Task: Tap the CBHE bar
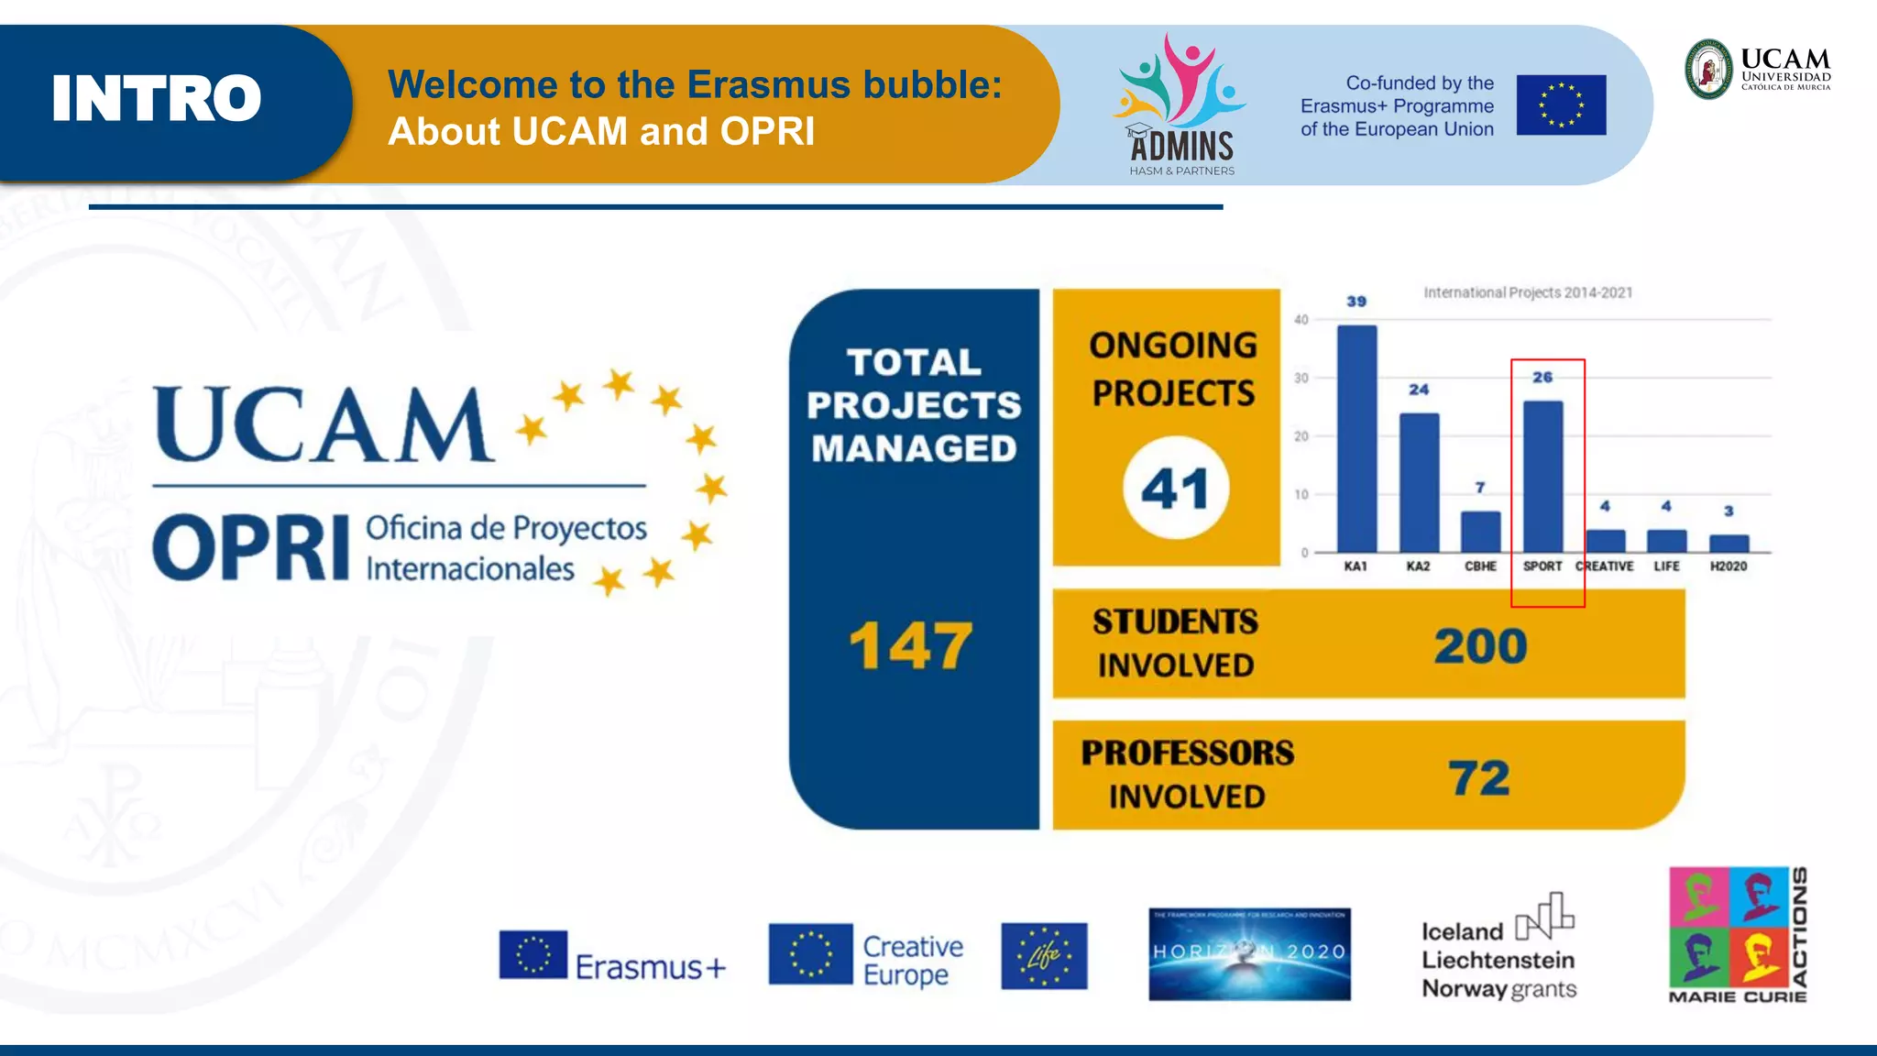tap(1480, 532)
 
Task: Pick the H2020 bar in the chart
tap(1729, 543)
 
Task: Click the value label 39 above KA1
tap(1356, 302)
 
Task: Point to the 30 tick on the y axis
tap(1301, 378)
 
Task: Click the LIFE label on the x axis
tap(1666, 566)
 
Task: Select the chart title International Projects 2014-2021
tap(1528, 292)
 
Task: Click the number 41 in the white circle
tap(1175, 489)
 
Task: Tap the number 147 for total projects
tap(910, 646)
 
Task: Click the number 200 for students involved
tap(1480, 646)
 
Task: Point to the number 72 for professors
tap(1479, 778)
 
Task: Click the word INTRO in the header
tap(157, 99)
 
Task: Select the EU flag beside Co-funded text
tap(1561, 105)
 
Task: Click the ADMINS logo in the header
tap(1180, 105)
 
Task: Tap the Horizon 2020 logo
tap(1249, 954)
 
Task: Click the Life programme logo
tap(1044, 956)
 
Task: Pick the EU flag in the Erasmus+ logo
tap(533, 954)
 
